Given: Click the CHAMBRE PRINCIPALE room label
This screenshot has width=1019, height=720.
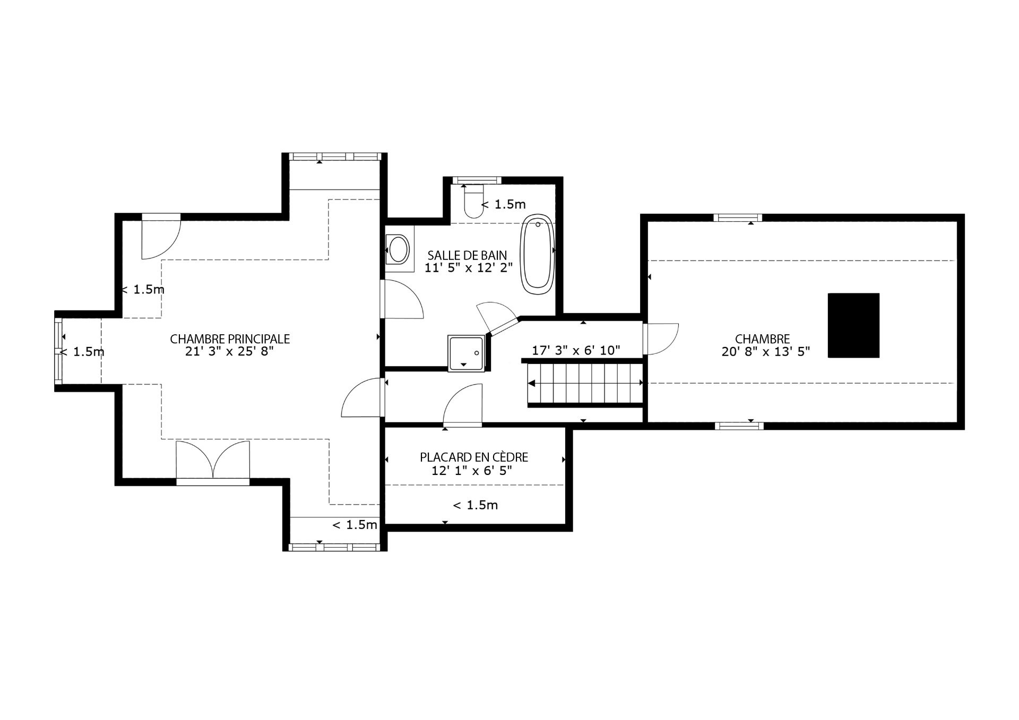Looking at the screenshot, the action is (230, 339).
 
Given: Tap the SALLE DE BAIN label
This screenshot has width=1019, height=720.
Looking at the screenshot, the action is (467, 255).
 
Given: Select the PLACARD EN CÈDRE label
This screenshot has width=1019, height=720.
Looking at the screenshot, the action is (474, 457).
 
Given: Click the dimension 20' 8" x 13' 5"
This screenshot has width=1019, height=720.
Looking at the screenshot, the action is (765, 351).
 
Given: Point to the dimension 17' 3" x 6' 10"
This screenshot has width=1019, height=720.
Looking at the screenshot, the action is (576, 350).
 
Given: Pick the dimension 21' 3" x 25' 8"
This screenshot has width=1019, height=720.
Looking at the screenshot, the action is (229, 352).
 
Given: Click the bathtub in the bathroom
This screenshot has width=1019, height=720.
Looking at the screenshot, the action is (538, 254).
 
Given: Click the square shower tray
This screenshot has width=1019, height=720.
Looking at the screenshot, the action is (467, 353).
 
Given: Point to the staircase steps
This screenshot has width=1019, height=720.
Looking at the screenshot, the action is (585, 384).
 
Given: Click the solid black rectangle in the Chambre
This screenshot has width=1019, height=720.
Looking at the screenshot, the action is (853, 325).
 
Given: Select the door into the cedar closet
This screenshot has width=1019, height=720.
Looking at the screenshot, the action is (462, 406).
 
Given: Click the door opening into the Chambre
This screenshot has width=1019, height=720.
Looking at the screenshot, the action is (661, 339).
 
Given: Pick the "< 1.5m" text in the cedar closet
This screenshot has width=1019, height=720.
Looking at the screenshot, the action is (475, 505).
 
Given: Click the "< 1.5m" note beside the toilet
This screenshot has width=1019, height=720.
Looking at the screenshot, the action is (503, 204).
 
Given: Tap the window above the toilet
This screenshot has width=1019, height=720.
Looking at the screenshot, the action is (477, 180).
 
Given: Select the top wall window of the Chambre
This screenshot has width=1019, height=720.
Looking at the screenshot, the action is (738, 218).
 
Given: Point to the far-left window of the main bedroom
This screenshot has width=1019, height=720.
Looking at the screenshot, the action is (58, 351).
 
